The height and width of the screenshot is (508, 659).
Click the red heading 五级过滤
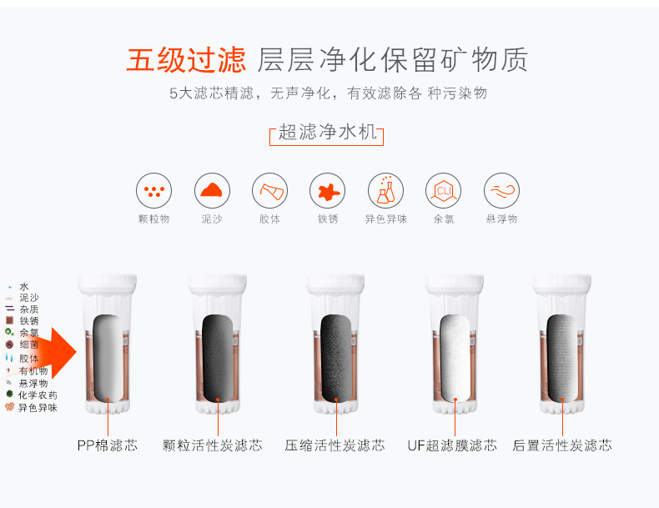[186, 60]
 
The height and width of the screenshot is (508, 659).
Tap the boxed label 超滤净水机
[326, 133]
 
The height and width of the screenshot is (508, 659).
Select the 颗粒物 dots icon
[153, 191]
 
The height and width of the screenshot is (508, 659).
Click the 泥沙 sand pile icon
[212, 191]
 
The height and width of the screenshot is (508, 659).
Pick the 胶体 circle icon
[269, 191]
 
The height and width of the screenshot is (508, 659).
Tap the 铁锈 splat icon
[327, 191]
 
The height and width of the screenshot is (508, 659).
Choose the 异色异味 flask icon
[385, 191]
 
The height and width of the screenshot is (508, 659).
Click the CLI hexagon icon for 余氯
[444, 191]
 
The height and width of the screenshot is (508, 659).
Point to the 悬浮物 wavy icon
[501, 191]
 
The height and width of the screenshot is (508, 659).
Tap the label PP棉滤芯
[107, 445]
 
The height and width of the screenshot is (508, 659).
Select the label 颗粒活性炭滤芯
[212, 445]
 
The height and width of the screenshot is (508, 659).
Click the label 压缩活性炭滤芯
[335, 445]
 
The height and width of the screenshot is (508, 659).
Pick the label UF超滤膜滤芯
[452, 445]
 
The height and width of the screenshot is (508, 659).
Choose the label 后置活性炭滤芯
[562, 445]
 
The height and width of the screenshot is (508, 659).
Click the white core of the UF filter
[455, 358]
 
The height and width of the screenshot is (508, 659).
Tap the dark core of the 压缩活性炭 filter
[336, 358]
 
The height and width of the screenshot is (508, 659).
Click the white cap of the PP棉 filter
[107, 284]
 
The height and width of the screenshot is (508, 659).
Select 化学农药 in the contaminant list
[38, 395]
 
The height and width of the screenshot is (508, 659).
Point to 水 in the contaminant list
[24, 287]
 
